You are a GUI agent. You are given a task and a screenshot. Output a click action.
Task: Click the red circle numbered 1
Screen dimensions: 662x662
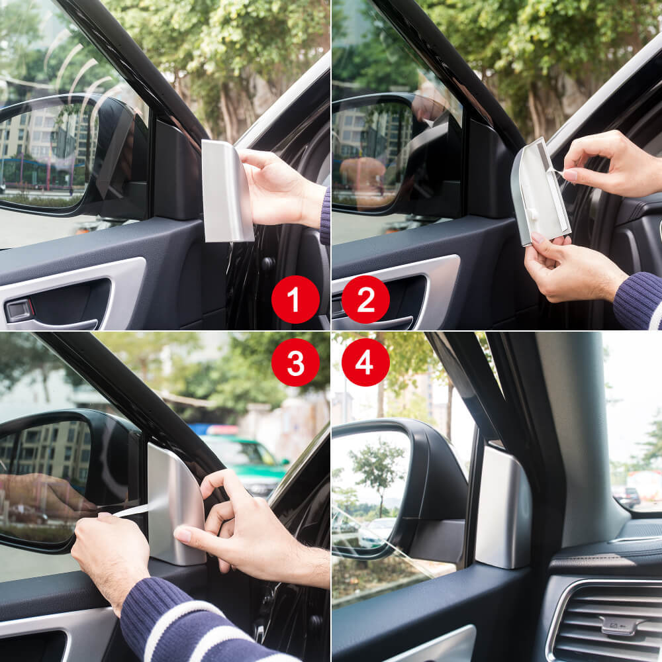point(295,299)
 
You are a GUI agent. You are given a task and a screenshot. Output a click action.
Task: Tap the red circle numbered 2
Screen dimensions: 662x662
point(365,299)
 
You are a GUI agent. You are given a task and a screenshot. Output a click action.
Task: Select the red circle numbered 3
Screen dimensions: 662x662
point(295,362)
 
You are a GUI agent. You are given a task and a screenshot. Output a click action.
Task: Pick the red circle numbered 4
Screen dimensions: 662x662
point(365,362)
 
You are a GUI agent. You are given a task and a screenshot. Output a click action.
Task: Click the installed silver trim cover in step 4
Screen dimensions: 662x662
point(502,506)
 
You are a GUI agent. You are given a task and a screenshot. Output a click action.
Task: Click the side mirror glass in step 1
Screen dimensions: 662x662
point(43,156)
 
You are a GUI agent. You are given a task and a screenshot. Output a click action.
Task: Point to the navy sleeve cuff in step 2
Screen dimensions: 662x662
point(639,301)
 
